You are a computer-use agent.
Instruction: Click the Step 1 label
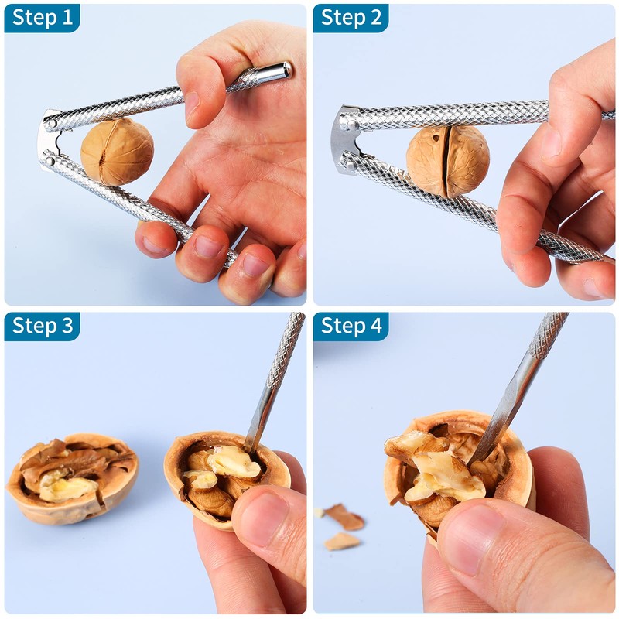click(42, 18)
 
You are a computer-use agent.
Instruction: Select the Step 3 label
click(42, 327)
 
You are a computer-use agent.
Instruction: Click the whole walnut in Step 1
click(117, 152)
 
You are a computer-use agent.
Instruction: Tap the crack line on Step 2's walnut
click(446, 159)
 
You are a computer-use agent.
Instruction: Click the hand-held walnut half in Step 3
click(217, 476)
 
